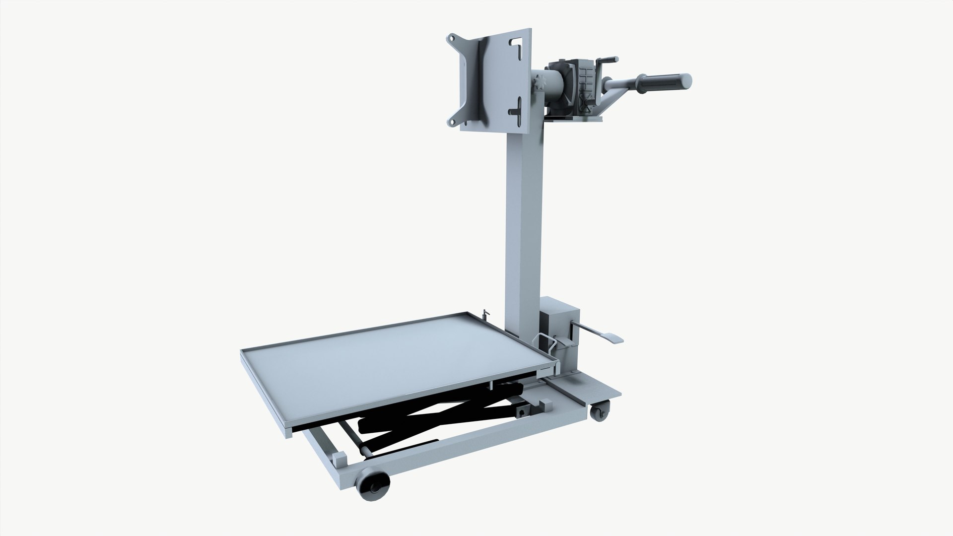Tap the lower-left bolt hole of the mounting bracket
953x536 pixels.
click(x=453, y=120)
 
